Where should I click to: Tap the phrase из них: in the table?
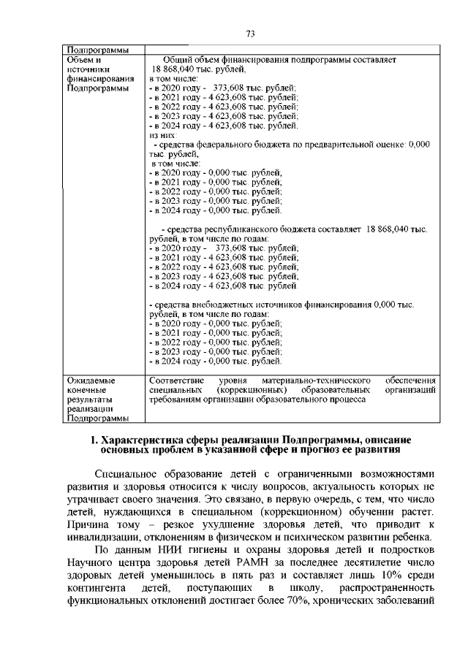click(x=162, y=135)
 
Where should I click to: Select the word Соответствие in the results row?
click(x=176, y=381)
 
